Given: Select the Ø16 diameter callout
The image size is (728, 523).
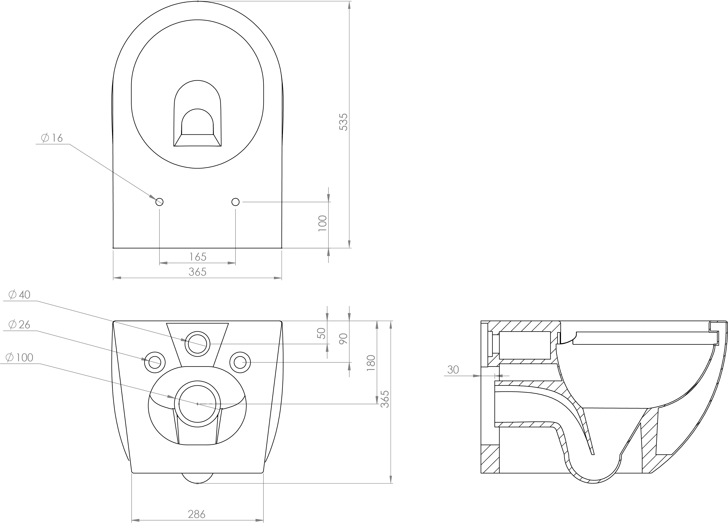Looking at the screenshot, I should pos(52,138).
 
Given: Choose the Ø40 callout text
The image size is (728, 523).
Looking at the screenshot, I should pos(20,295).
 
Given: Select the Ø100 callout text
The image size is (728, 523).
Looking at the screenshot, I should pos(20,358).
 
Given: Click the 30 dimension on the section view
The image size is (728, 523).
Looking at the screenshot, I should pos(453,370).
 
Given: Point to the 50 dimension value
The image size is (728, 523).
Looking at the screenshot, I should pos(321,333).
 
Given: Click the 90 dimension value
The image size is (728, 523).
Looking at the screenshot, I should pos(343,339).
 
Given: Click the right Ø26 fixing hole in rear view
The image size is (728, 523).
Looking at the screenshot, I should pos(240,362).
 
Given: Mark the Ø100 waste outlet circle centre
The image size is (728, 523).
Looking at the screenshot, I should pos(197,404).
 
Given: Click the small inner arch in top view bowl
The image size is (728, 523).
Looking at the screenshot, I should pos(197,122).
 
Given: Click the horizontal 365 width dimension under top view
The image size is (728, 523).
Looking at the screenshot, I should pos(197,272).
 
